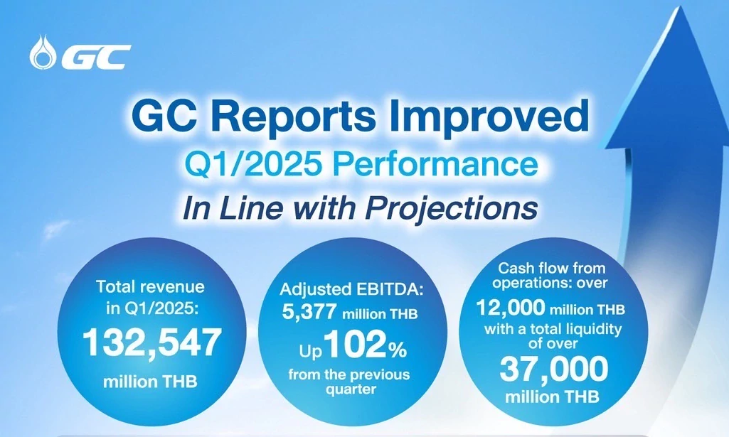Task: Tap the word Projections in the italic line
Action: [451, 208]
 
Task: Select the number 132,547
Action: [151, 343]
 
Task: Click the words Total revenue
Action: [150, 286]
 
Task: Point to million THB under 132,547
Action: [150, 382]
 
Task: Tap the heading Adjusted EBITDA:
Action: [352, 290]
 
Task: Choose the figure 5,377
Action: [309, 313]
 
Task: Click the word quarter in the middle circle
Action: [351, 389]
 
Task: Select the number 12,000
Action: [511, 308]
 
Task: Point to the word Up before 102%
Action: [311, 352]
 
